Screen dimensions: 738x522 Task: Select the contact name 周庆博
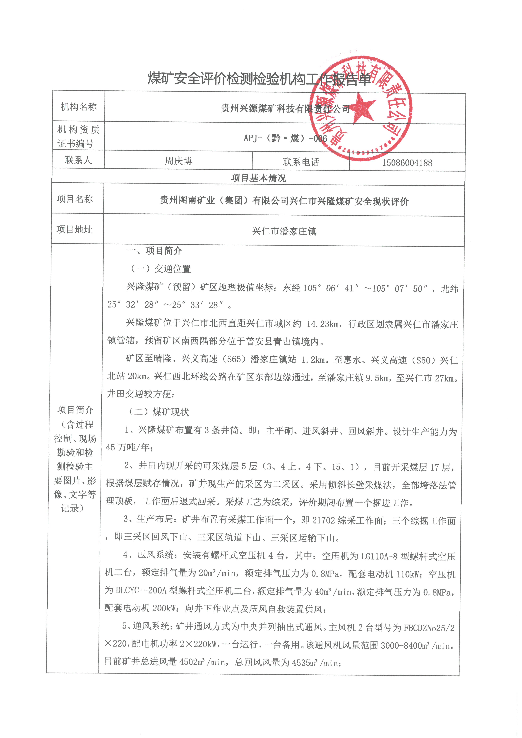[x=179, y=161]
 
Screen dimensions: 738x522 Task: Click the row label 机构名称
[x=78, y=107]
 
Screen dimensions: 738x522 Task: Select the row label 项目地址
[x=75, y=229]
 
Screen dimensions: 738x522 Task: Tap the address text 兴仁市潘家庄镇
[x=284, y=231]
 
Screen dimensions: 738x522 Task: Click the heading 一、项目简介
[x=155, y=251]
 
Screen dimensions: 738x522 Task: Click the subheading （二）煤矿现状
[x=159, y=412]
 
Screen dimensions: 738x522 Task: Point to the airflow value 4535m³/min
[x=316, y=663]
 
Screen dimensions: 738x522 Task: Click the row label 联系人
[x=78, y=160]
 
